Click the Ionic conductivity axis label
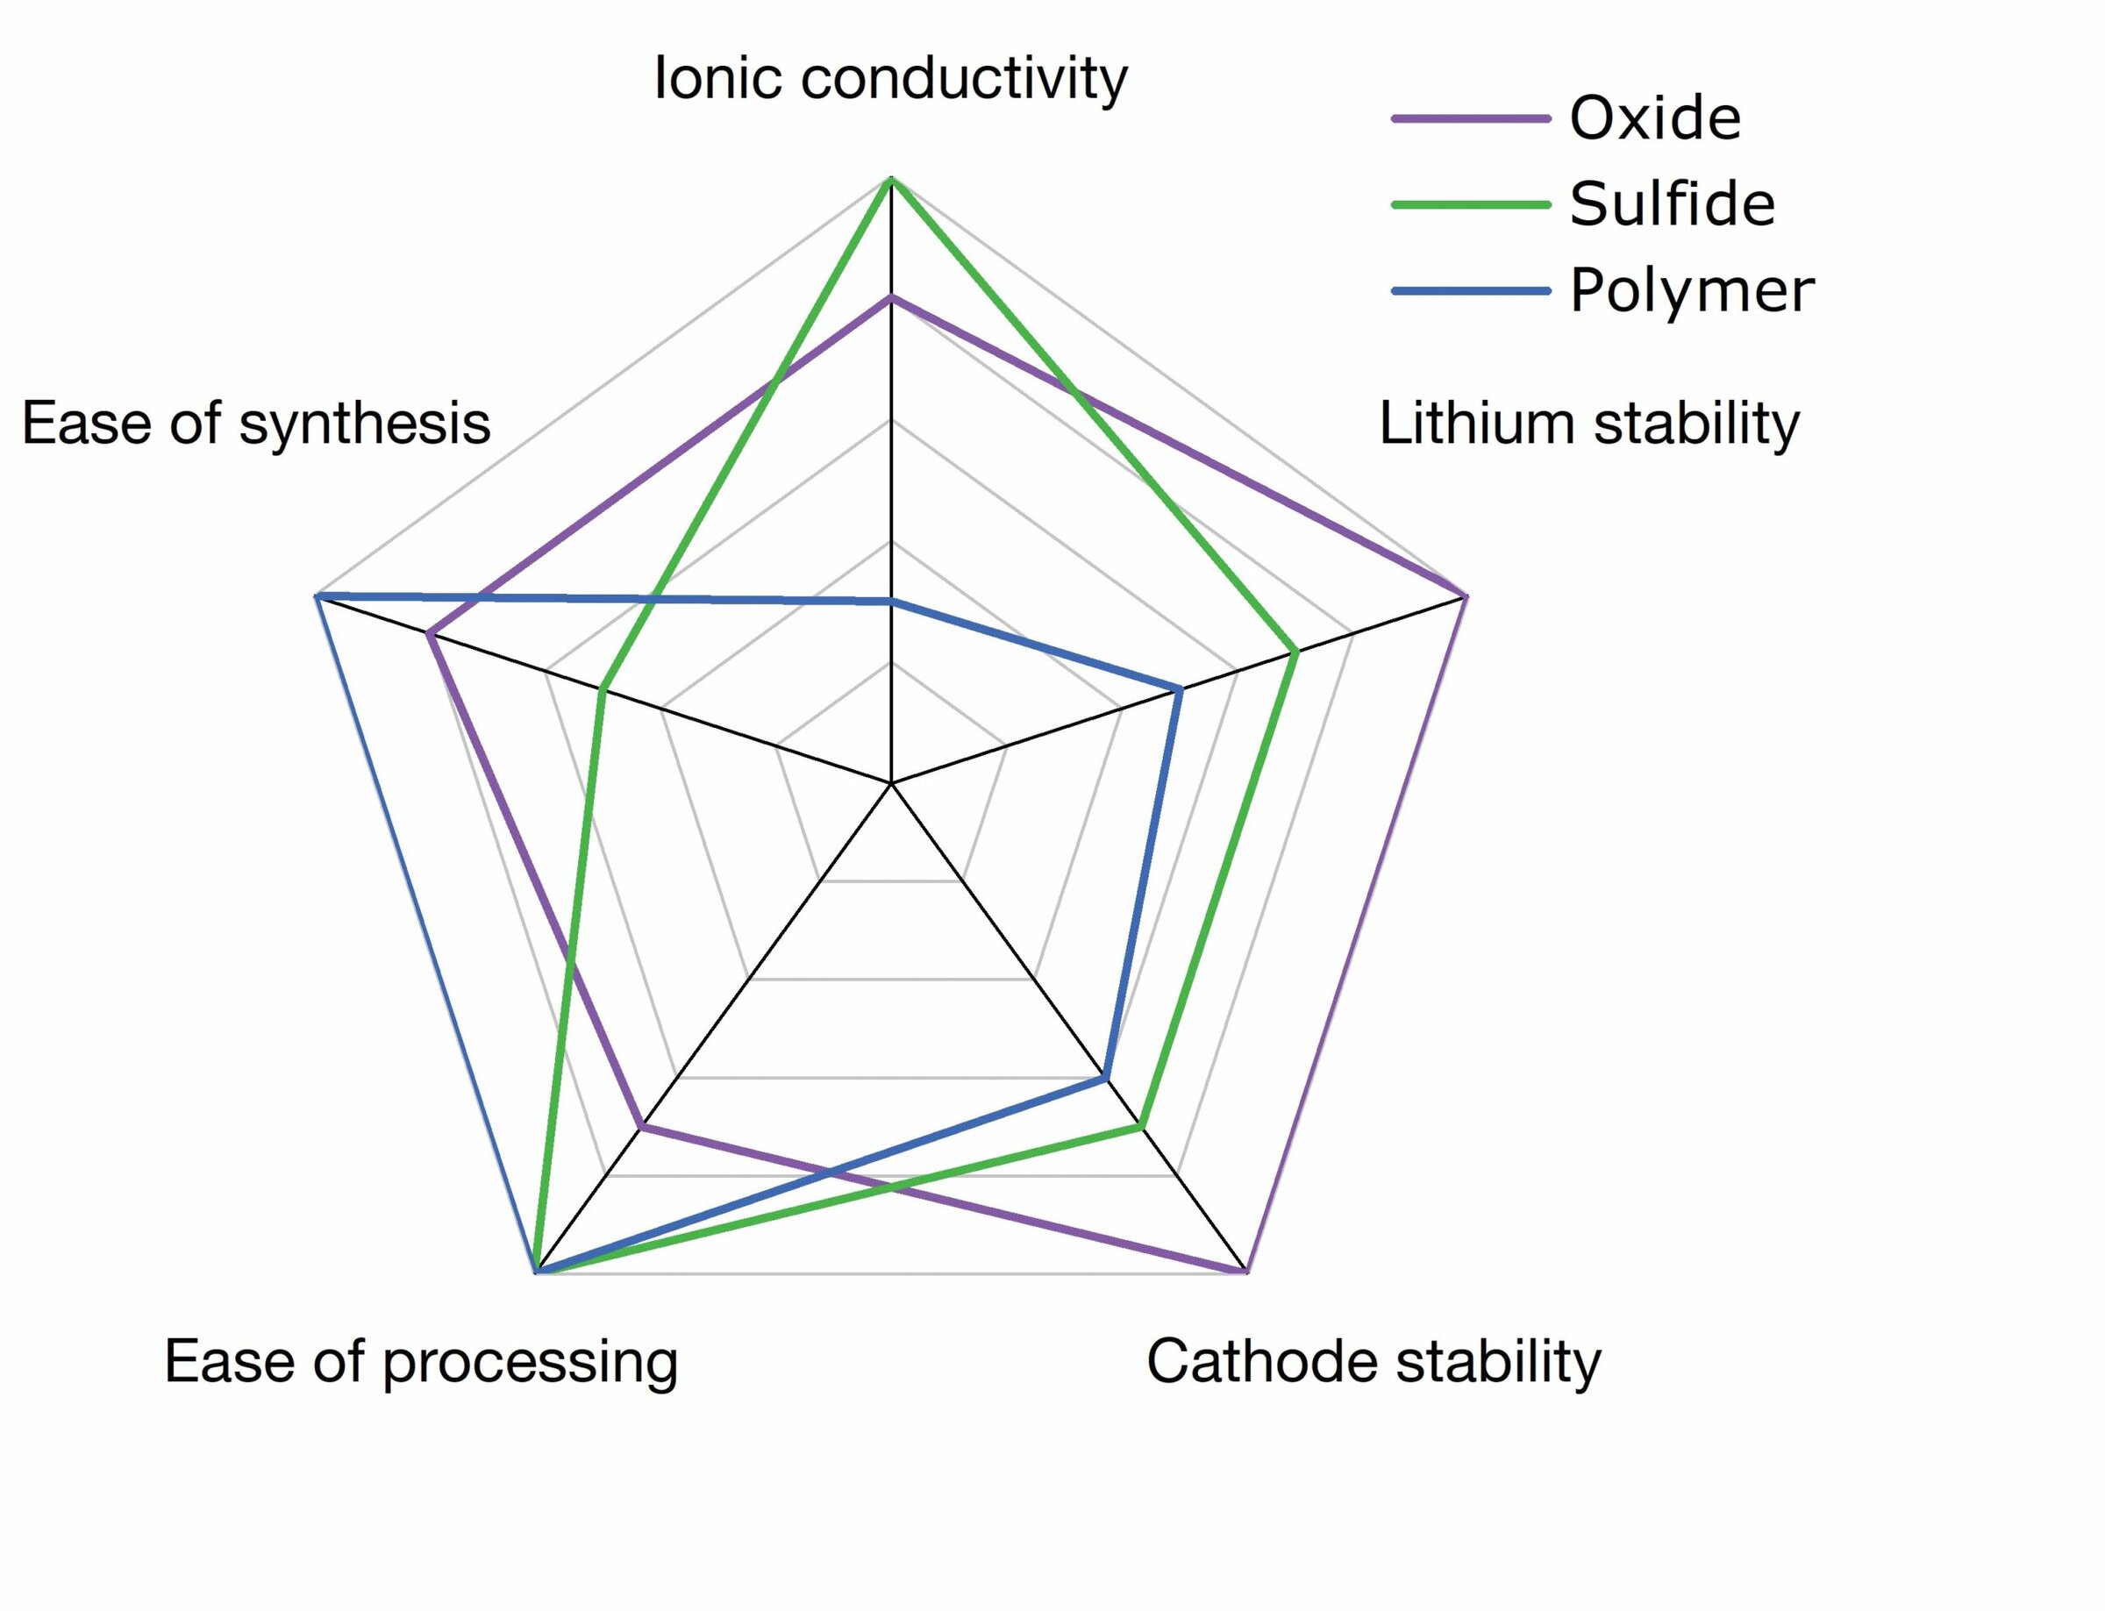pos(890,79)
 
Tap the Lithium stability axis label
pos(1588,424)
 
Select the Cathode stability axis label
pos(1374,1362)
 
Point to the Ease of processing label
pos(421,1362)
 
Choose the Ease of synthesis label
pos(256,424)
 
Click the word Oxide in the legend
pos(1654,119)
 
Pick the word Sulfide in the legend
pos(1672,204)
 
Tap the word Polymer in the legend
pos(1691,290)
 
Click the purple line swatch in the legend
pos(1470,119)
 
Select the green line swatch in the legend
pos(1470,204)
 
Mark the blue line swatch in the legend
pos(1470,290)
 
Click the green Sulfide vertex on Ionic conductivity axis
pos(892,181)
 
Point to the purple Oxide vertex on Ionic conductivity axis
pos(892,299)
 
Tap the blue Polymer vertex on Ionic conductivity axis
pos(892,602)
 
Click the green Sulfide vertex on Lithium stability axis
pos(1295,653)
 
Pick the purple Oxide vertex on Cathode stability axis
pos(1245,1272)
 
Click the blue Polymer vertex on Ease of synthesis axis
pos(318,597)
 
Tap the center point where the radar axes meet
pos(892,783)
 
